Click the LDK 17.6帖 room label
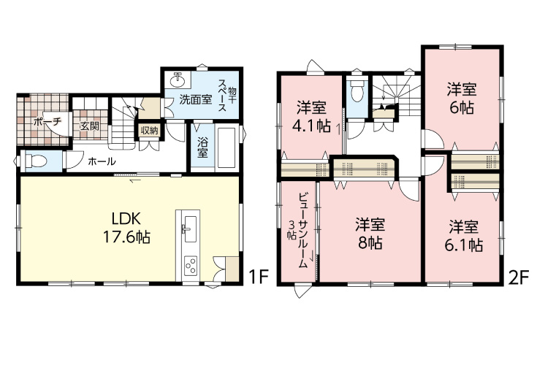pyautogui.click(x=126, y=228)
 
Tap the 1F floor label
pyautogui.click(x=258, y=277)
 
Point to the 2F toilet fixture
pyautogui.click(x=357, y=91)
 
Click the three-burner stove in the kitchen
pyautogui.click(x=190, y=266)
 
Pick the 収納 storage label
pyautogui.click(x=149, y=131)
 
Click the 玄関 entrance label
pyautogui.click(x=90, y=126)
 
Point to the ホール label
pyautogui.click(x=102, y=161)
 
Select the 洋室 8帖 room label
pyautogui.click(x=370, y=234)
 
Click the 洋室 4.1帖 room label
pyautogui.click(x=312, y=117)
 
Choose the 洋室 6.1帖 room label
pyautogui.click(x=464, y=236)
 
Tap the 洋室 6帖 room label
pyautogui.click(x=461, y=98)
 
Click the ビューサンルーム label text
pyautogui.click(x=302, y=231)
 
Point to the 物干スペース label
pyautogui.click(x=227, y=96)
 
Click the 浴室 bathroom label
pyautogui.click(x=202, y=147)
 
